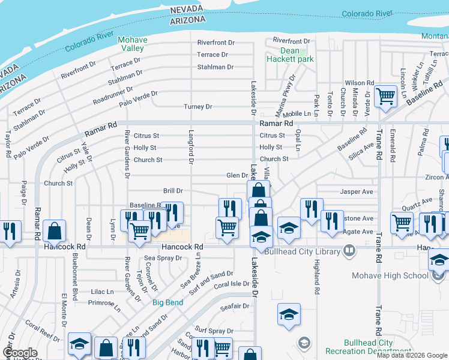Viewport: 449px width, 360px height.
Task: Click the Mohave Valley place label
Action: (133, 44)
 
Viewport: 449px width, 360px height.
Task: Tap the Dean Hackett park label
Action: (290, 55)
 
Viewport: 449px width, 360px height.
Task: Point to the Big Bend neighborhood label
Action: (167, 302)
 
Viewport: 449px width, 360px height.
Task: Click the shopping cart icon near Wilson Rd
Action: (385, 96)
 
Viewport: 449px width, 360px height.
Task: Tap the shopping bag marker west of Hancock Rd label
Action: (54, 232)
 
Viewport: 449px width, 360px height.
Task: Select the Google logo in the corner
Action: (20, 353)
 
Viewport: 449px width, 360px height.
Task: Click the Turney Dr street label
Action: (198, 107)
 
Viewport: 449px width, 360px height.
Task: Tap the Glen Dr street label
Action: (237, 176)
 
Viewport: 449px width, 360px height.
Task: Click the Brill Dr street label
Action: (173, 191)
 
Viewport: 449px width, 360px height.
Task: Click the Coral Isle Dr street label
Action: (231, 284)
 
